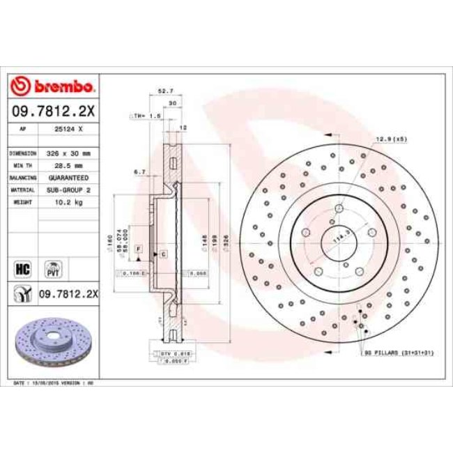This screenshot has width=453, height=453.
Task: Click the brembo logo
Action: point(53,86)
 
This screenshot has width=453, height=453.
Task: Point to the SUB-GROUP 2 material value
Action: point(70,190)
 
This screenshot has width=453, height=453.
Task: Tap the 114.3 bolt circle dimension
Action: point(341,239)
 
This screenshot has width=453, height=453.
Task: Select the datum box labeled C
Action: point(162,255)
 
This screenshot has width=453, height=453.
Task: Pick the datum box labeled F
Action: point(139,249)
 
